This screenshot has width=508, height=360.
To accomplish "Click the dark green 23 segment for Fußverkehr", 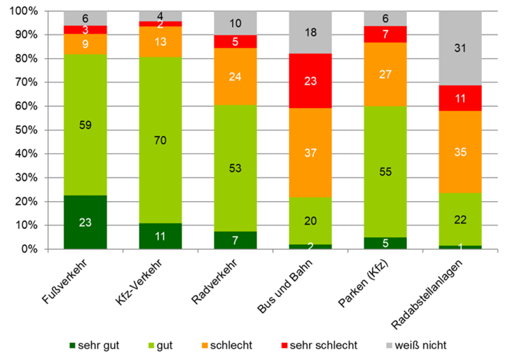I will coord(85,222).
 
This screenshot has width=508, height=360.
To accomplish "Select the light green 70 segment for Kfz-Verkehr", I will coord(160,140).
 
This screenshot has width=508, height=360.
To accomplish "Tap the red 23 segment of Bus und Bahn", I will coord(311,81).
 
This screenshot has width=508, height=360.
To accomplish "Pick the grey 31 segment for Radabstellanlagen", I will coord(460,48).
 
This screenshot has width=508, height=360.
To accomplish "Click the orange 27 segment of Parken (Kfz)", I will coord(385,74).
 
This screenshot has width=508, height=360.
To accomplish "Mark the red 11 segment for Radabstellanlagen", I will coord(460,98).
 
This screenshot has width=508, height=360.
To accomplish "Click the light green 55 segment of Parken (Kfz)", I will coord(385,172).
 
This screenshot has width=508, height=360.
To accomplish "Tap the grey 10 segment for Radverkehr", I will coord(235,23).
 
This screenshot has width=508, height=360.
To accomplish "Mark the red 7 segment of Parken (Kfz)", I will coord(385,34).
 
